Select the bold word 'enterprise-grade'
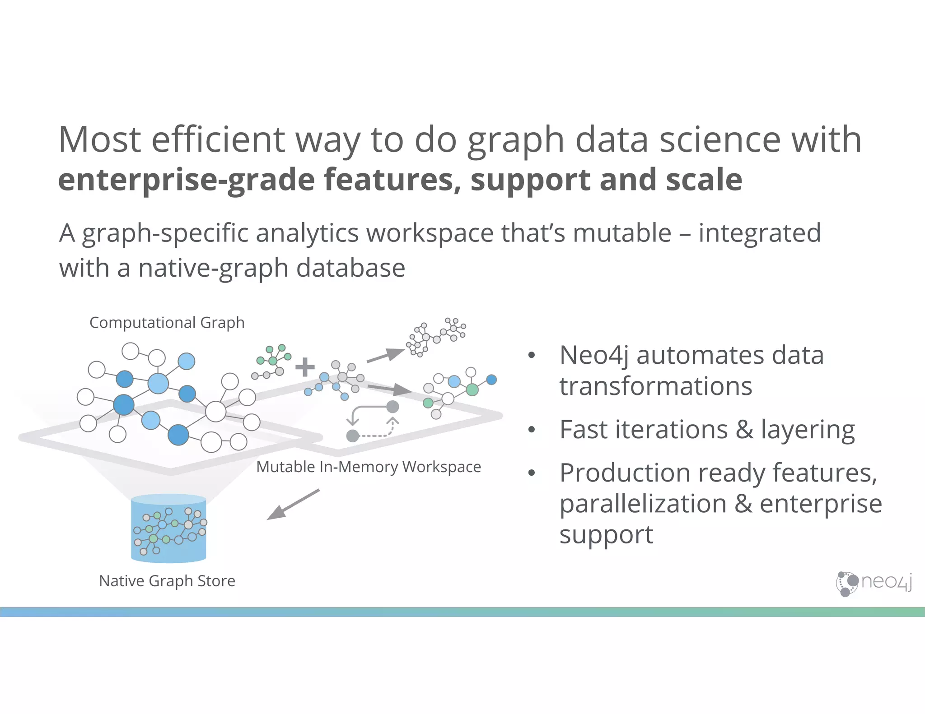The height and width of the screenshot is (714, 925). [x=187, y=180]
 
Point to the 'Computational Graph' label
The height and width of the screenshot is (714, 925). [x=167, y=323]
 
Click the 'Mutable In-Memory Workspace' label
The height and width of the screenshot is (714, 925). [x=368, y=467]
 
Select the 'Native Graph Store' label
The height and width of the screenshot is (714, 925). [x=167, y=581]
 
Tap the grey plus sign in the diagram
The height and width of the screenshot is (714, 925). [x=305, y=367]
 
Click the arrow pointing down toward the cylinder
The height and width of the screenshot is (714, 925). [x=293, y=505]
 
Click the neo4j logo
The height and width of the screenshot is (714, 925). [x=874, y=583]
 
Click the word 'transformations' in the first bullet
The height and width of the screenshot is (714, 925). [x=655, y=387]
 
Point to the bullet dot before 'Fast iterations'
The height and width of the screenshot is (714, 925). [x=532, y=430]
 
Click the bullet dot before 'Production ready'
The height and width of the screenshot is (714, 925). [x=532, y=473]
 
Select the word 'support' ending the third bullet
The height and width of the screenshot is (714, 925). [x=606, y=535]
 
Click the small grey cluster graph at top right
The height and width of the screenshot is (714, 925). [x=435, y=337]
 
